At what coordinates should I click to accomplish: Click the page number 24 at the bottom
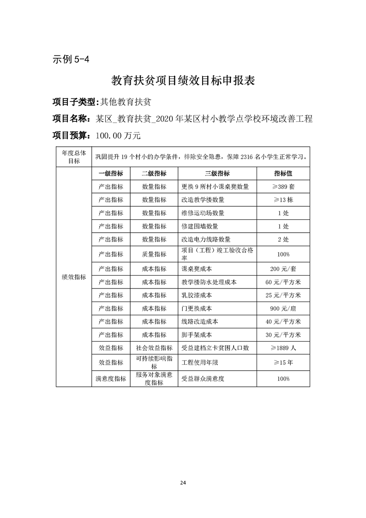pos(183,482)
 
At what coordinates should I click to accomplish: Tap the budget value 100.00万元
pos(117,136)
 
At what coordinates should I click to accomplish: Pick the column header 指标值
pos(283,173)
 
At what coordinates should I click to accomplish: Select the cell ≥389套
pos(283,187)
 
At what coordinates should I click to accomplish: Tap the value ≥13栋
pos(283,200)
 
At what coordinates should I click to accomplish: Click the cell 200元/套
pos(283,269)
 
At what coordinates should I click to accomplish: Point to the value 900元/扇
pos(283,308)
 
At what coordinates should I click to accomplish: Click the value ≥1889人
pos(283,348)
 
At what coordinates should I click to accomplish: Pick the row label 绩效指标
pos(74,277)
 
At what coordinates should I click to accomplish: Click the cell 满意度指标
pos(111,379)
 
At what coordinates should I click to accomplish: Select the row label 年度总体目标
pos(74,157)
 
